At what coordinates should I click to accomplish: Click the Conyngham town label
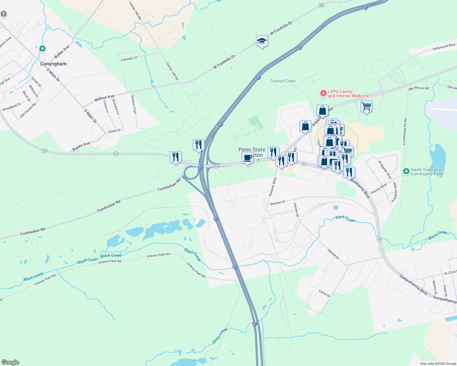pos(53,64)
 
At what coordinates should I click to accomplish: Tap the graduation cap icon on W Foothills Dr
pos(262,41)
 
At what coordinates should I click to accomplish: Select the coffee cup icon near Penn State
pos(247,158)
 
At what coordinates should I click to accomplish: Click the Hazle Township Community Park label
pos(426,172)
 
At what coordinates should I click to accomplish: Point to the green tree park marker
pos(406,171)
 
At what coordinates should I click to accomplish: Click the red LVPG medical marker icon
pos(323,93)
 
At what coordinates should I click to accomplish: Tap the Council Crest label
pos(283,81)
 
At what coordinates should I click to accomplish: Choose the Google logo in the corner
pos(10,362)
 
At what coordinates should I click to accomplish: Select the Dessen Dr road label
pos(278,203)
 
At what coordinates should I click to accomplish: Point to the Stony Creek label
pos(220,336)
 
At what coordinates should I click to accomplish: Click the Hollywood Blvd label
pos(444,47)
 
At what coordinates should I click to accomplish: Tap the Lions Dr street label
pos(324,293)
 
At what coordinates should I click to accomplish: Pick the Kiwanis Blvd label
pos(272,187)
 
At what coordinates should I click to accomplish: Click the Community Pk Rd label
pos(405,132)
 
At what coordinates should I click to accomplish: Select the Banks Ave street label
pos(81,146)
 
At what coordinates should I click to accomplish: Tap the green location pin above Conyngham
pos(42,48)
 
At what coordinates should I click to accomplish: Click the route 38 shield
pos(321,5)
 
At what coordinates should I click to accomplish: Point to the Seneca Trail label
pos(133,104)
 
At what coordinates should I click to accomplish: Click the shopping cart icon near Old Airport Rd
pos(366,106)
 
